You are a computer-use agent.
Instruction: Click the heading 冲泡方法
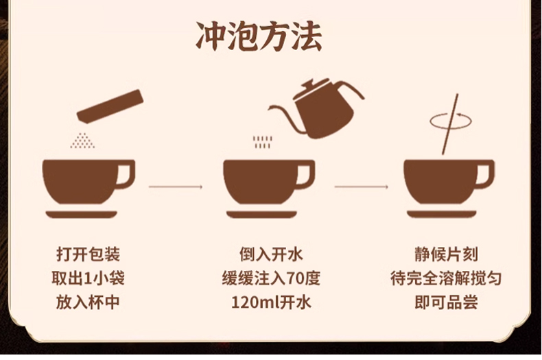click(259, 37)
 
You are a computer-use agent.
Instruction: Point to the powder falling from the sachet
click(83, 141)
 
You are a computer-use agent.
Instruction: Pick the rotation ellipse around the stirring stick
click(450, 121)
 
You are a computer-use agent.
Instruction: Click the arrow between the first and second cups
click(176, 186)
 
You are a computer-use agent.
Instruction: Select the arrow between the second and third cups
click(362, 186)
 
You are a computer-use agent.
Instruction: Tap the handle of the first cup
click(126, 175)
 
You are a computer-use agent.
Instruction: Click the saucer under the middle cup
click(261, 215)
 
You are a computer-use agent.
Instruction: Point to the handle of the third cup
click(485, 175)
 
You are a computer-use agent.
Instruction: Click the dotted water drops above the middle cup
click(262, 142)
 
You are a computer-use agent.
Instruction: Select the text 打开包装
click(89, 255)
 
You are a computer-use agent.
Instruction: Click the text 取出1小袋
click(89, 278)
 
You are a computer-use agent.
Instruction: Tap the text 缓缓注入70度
click(270, 278)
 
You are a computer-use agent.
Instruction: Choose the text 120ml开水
click(270, 302)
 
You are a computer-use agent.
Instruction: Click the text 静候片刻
click(451, 255)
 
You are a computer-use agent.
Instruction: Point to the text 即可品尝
click(451, 302)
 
